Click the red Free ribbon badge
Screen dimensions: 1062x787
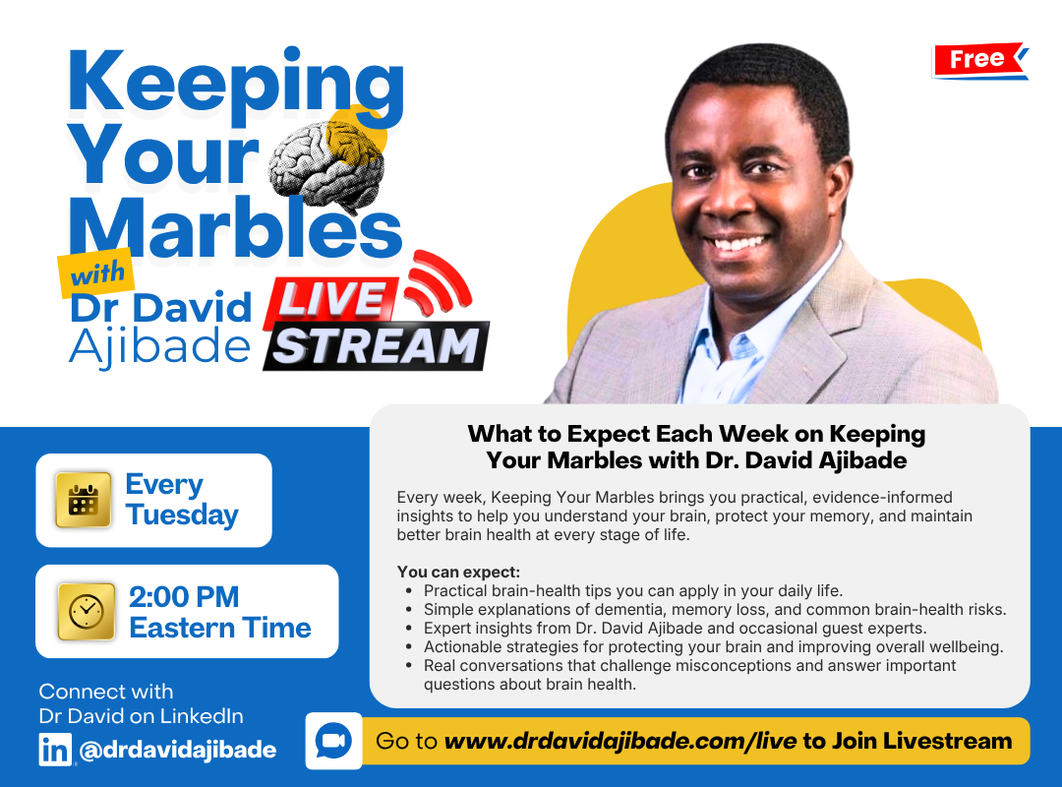point(980,60)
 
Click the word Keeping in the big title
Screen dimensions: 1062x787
point(236,84)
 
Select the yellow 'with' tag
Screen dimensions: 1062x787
point(96,274)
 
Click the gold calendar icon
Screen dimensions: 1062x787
point(84,501)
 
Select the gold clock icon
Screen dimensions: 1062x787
point(87,612)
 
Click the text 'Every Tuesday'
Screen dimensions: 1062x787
point(182,500)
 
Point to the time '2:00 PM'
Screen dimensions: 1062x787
point(184,597)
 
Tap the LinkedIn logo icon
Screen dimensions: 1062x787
point(55,750)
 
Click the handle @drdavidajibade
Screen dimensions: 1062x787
point(177,750)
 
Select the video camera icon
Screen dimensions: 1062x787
point(333,741)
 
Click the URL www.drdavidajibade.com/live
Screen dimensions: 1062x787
point(619,741)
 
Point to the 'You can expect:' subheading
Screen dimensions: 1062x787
point(458,572)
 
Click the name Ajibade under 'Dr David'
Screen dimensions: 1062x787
point(160,347)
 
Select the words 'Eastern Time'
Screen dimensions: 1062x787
point(220,628)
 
